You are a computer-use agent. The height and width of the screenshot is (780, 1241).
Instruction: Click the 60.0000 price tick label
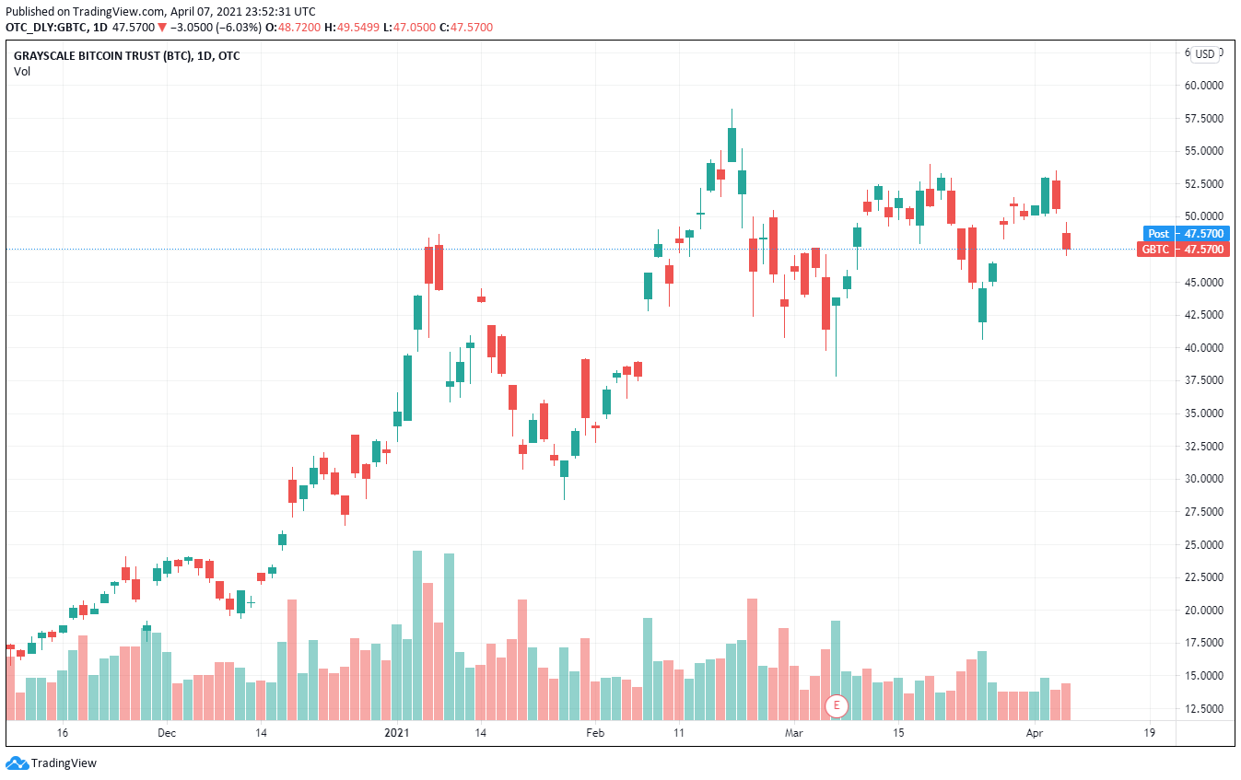[1203, 86]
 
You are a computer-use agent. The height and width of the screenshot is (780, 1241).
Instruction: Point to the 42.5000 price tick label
[1203, 315]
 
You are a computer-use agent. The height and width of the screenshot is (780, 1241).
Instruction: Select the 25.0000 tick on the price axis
[1203, 544]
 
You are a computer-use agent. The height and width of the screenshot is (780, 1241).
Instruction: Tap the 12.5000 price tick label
[1203, 708]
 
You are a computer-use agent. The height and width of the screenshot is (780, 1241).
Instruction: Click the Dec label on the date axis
[166, 733]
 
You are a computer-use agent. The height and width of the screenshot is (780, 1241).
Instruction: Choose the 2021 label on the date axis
[396, 733]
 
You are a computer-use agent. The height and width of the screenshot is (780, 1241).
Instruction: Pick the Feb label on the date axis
[595, 733]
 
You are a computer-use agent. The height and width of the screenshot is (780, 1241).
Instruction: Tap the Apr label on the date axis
[1035, 733]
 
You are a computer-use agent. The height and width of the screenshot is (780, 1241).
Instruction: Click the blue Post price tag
[1158, 234]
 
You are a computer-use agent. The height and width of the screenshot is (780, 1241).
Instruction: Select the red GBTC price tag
[1155, 249]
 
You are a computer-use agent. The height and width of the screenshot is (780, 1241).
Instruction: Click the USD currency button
[1205, 54]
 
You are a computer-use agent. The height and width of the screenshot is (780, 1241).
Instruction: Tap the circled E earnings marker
[837, 706]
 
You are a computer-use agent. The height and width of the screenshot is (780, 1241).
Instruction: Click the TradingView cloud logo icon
[17, 763]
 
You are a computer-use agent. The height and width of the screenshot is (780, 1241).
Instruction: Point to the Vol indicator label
[22, 71]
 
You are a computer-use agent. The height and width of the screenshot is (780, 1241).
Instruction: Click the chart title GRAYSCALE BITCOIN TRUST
[101, 56]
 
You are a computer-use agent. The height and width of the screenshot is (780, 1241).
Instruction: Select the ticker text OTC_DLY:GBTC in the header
[42, 28]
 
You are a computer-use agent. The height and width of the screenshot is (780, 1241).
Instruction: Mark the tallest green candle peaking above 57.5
[732, 144]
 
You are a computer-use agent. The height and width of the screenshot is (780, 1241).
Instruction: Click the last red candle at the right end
[1066, 240]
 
